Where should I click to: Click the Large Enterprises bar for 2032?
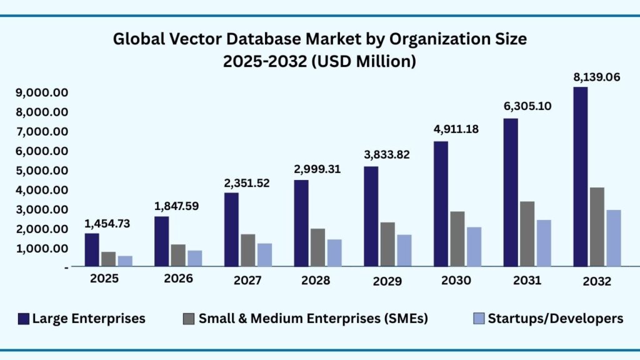581,176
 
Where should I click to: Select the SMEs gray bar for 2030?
457,239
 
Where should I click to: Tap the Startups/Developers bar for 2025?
126,261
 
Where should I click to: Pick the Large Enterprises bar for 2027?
231,229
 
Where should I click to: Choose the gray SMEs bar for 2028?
318,247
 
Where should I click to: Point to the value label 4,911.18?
457,130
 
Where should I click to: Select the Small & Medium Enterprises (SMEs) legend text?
313,319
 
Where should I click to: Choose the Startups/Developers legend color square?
478,319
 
